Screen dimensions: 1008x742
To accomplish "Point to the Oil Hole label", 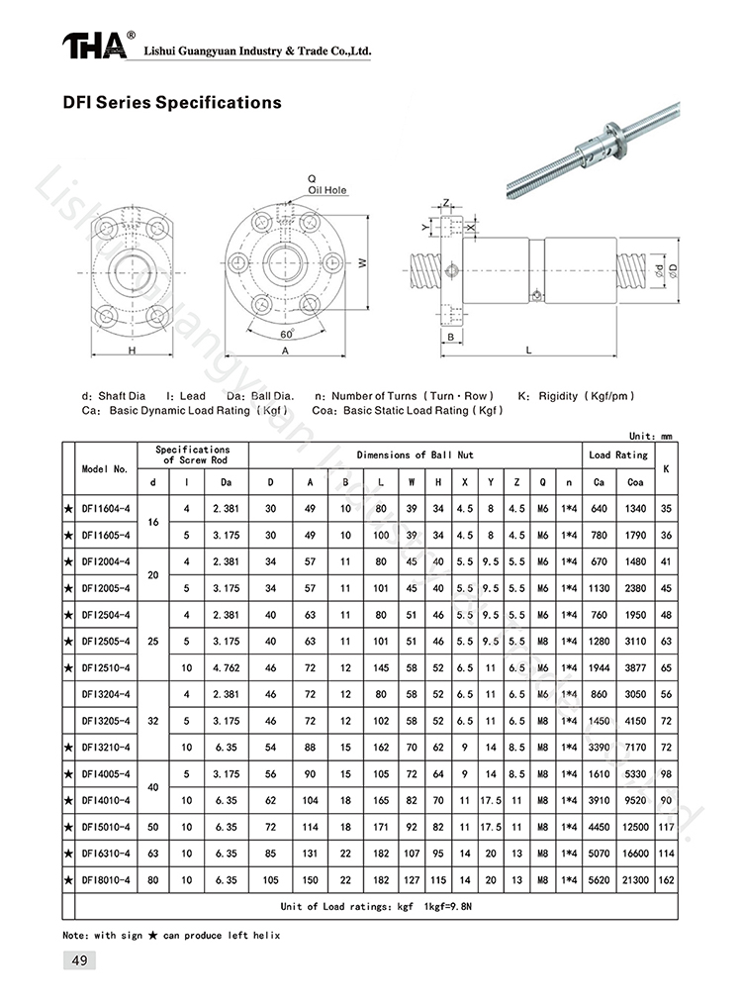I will coord(327,189).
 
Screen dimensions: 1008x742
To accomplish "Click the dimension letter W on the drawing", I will coord(363,262).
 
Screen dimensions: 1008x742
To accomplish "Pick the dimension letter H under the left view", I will coord(131,352).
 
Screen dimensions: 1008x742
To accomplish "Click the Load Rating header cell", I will coord(618,454).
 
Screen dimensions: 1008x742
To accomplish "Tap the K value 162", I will coord(666,878).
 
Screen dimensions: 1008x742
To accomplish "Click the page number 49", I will coord(78,959).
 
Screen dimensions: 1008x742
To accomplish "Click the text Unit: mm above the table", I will coord(650,434).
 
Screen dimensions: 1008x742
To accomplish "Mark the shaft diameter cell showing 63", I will coord(152,852).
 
